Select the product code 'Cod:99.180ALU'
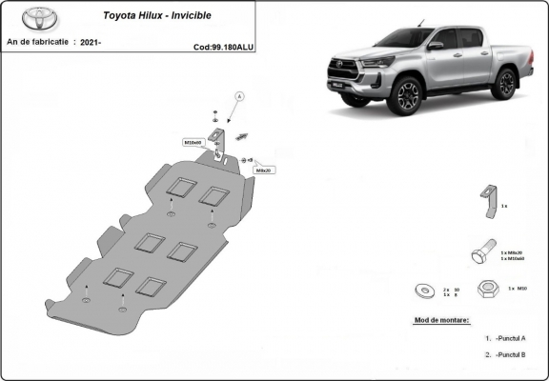pos(222,46)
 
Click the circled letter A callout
pos(239,97)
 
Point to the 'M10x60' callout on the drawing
pos(193,142)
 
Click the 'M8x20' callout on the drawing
pos(264,170)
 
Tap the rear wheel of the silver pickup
pos(506,84)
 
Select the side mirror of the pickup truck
pos(435,45)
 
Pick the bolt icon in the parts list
pos(482,254)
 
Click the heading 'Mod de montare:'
pos(442,321)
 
